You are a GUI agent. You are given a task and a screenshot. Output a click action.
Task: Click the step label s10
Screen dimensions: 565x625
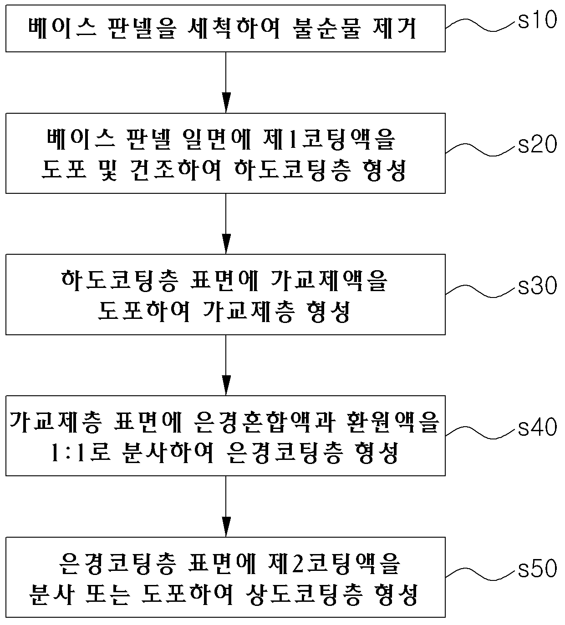tap(537, 20)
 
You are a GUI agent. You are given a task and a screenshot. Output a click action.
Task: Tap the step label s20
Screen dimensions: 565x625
tap(537, 144)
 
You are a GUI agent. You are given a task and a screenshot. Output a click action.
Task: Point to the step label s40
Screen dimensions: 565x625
tap(537, 427)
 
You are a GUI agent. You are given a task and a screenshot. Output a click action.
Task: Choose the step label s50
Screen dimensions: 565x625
tap(537, 568)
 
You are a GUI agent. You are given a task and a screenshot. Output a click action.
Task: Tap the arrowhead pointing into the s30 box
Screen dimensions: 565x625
tap(226, 244)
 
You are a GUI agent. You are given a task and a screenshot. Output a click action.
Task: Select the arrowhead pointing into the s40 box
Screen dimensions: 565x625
tap(226, 385)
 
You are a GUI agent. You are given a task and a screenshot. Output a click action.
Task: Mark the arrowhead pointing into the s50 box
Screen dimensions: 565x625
tap(226, 526)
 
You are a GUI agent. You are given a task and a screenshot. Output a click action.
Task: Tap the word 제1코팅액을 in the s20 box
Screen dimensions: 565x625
tap(330, 139)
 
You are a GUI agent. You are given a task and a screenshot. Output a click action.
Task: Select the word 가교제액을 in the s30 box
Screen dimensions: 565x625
tap(329, 280)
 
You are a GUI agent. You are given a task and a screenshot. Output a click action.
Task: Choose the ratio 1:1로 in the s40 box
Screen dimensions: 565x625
tap(80, 453)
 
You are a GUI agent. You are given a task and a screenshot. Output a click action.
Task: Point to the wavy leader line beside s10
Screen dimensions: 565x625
tap(480, 25)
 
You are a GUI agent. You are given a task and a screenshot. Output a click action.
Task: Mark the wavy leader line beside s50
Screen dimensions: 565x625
tap(480, 573)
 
